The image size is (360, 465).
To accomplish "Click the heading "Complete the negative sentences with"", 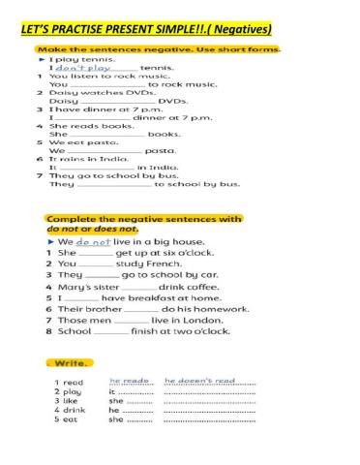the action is (x=145, y=219).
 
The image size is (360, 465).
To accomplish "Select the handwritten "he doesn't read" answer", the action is (x=200, y=382).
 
